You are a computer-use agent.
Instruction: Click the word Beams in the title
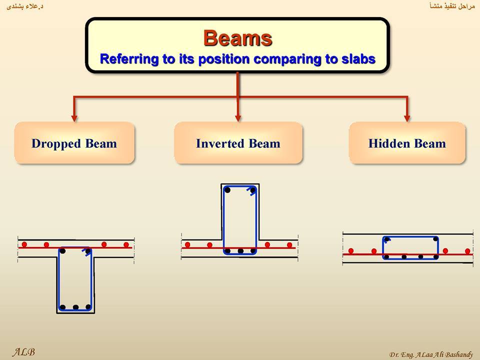237,38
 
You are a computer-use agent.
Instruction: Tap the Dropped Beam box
74,143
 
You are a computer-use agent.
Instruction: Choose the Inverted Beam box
238,143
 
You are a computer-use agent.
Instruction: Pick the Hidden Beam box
407,143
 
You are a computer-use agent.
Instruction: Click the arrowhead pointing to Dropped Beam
74,118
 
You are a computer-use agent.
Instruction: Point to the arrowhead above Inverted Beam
238,118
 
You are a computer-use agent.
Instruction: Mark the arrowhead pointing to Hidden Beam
407,118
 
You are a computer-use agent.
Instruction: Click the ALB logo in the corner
23,352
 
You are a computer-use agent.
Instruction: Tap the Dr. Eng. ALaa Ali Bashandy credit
431,354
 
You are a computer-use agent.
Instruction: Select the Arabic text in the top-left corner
24,6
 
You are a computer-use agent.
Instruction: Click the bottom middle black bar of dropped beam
75,307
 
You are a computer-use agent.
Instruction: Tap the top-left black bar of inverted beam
227,190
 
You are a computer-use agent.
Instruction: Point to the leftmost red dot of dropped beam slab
24,244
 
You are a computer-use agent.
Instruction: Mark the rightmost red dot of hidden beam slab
467,251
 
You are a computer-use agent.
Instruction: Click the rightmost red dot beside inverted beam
289,245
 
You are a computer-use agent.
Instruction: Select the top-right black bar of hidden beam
435,239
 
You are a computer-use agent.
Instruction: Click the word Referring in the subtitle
128,59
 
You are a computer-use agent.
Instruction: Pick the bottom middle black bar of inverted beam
240,250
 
